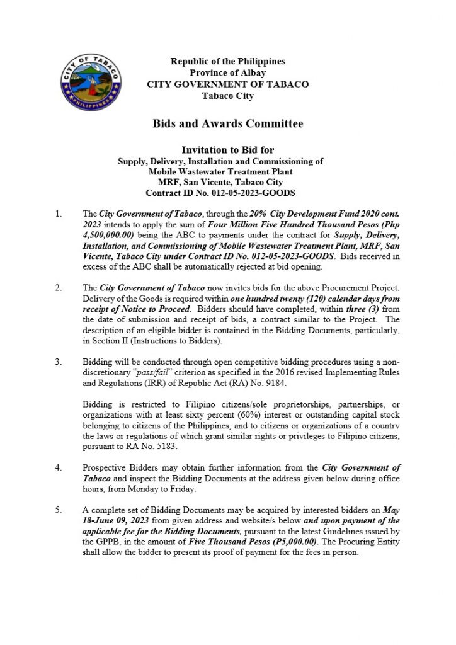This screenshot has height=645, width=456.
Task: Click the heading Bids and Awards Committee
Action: pyautogui.click(x=227, y=123)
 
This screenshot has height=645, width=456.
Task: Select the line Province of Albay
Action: pyautogui.click(x=227, y=73)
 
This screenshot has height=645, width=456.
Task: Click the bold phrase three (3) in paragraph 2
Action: pyautogui.click(x=361, y=309)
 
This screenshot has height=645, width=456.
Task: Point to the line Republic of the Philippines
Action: pyautogui.click(x=227, y=62)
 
